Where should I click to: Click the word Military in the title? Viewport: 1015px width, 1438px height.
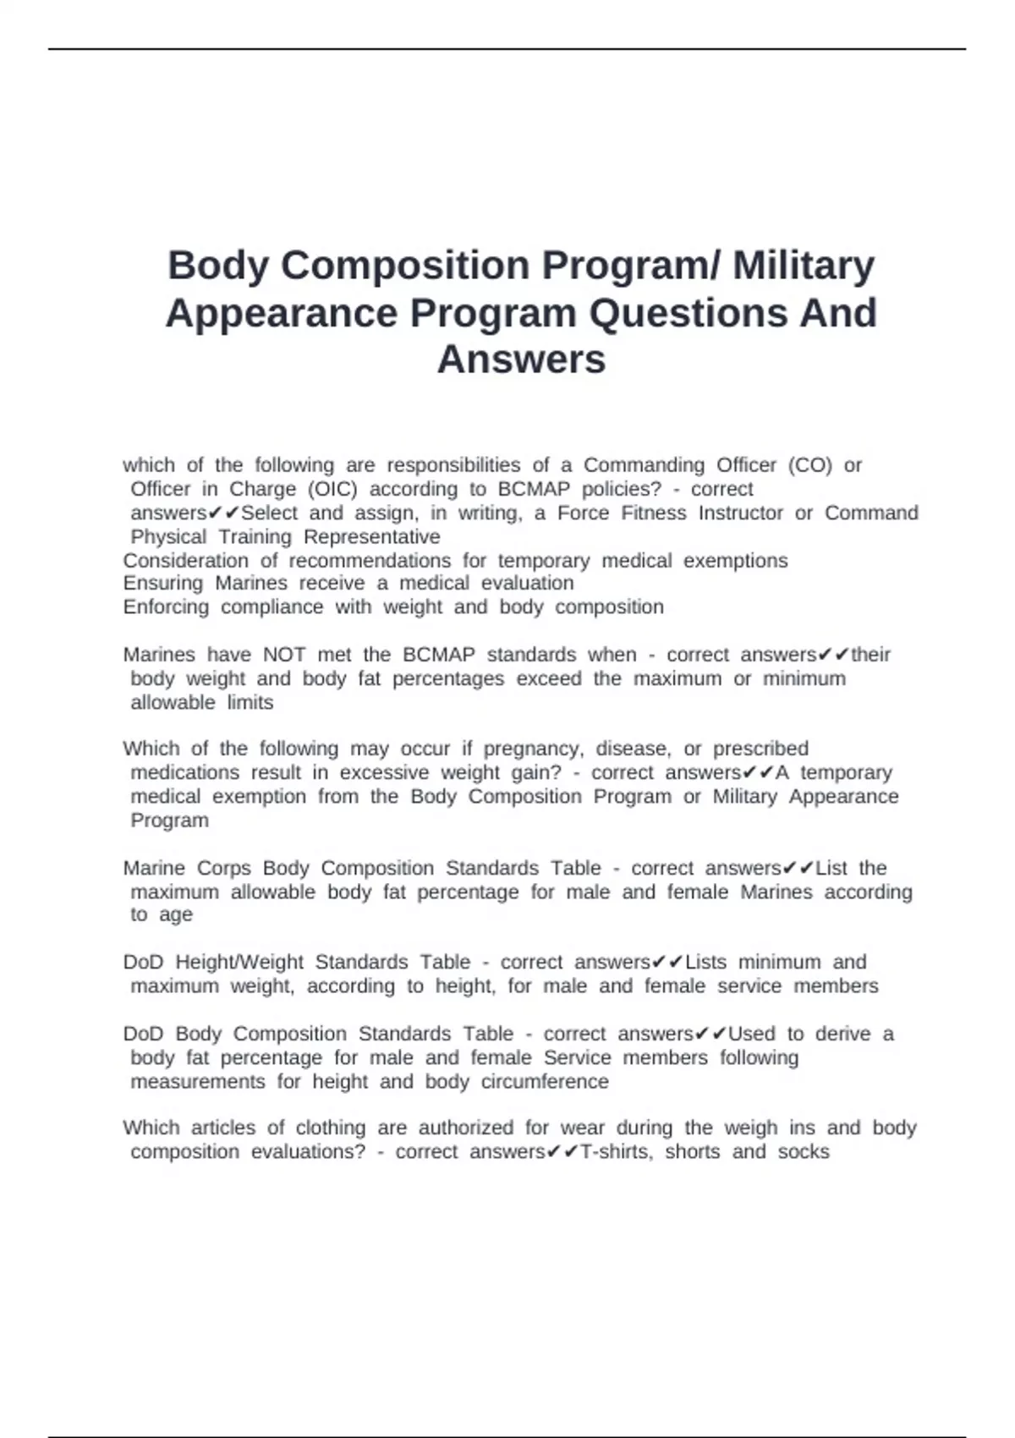pyautogui.click(x=804, y=265)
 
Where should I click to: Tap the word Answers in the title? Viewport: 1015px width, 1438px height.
pyautogui.click(x=521, y=359)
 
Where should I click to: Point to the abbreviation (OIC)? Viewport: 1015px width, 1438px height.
pyautogui.click(x=332, y=489)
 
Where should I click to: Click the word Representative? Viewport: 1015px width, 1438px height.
pyautogui.click(x=371, y=537)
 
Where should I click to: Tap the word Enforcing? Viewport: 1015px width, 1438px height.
pyautogui.click(x=166, y=606)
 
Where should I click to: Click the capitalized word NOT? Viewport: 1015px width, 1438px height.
pyautogui.click(x=284, y=655)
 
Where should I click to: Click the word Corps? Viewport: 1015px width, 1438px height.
pyautogui.click(x=224, y=868)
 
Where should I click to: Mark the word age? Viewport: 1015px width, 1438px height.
pyautogui.click(x=176, y=915)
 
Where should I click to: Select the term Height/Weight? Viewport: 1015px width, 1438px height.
pyautogui.click(x=239, y=962)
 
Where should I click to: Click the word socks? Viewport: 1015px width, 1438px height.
pyautogui.click(x=804, y=1151)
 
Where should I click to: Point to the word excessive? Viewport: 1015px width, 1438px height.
pyautogui.click(x=384, y=772)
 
